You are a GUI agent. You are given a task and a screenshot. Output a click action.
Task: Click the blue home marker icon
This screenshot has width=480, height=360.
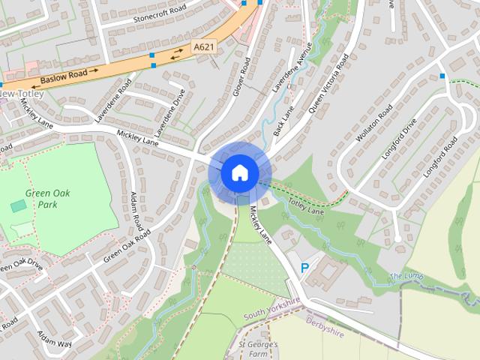[x=239, y=172]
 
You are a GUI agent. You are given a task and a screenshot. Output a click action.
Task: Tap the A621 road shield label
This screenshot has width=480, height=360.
[x=203, y=46]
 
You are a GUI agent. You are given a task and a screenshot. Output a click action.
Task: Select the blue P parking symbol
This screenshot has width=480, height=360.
[x=304, y=268]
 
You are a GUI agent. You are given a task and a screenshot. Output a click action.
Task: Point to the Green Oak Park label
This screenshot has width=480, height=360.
[x=42, y=198]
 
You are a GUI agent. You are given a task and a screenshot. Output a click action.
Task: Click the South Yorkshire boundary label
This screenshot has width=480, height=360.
[x=271, y=307]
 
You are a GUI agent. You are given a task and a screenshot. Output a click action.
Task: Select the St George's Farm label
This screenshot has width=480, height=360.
[x=259, y=347]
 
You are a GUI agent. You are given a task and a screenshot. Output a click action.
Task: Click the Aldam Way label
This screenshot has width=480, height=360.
[x=55, y=338]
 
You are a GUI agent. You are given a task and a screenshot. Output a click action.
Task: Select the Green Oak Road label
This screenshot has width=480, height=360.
[x=127, y=245]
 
